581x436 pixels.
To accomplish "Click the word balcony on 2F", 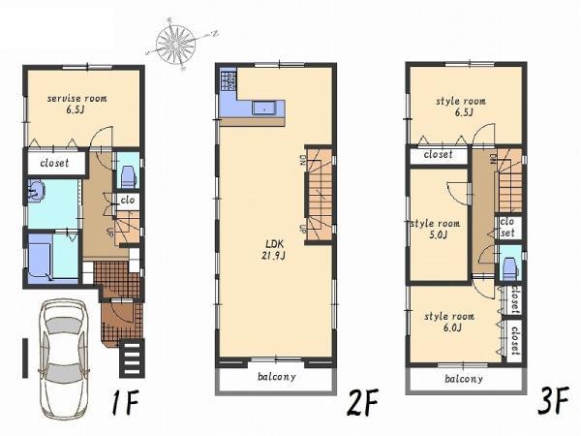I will [276, 377].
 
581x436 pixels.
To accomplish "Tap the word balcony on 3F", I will [464, 379].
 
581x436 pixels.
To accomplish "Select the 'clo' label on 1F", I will [126, 202].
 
